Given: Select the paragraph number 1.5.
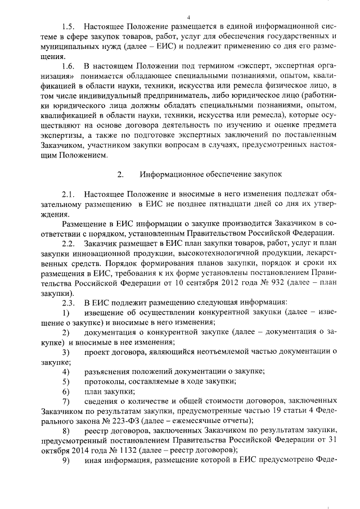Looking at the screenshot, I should pos(69,26).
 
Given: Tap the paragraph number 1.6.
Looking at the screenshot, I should pos(69,67).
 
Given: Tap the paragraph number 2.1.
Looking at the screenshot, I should pos(69,195).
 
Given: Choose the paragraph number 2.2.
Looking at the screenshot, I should pos(69,244).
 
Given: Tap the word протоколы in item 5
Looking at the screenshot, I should pos(105,382).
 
